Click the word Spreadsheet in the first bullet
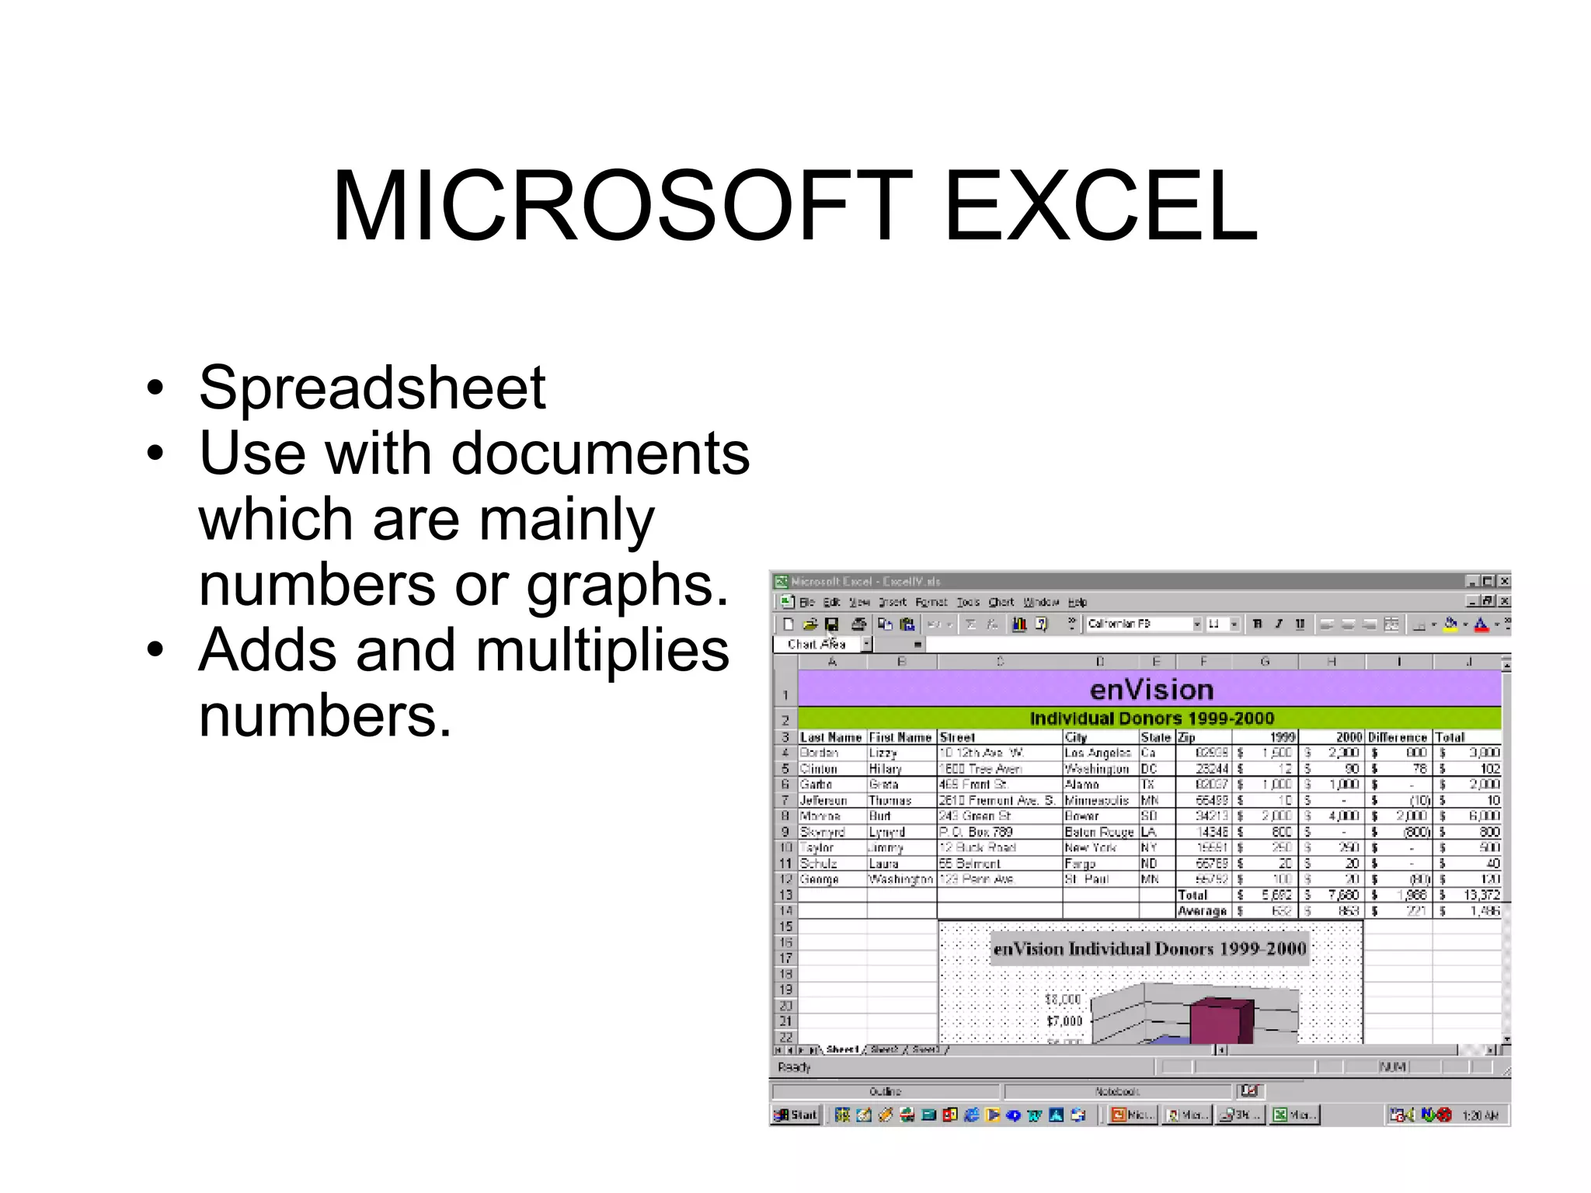coord(372,388)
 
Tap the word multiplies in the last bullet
coord(602,650)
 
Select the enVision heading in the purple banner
coord(1151,690)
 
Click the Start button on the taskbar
coord(796,1115)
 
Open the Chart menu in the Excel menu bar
coord(1001,602)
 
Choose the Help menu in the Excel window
coord(1077,602)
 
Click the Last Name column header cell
coord(830,737)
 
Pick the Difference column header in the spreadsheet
coord(1397,737)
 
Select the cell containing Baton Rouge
coord(1098,832)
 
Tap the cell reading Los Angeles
coord(1097,753)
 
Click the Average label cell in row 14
coord(1202,911)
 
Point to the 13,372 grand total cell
coord(1481,895)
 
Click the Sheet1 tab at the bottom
coord(842,1050)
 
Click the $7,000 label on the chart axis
coord(1064,1021)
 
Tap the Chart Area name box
coord(816,645)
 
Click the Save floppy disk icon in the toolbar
coord(832,624)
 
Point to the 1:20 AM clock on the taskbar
coord(1479,1116)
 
